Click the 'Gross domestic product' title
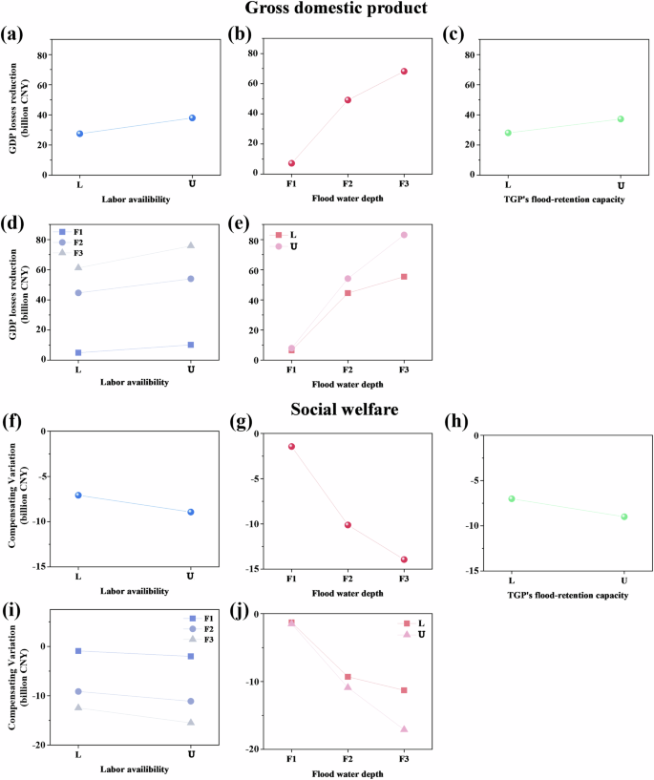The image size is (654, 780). [327, 10]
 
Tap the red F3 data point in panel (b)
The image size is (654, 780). [404, 72]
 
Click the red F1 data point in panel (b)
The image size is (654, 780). [292, 163]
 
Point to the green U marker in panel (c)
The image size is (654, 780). [621, 119]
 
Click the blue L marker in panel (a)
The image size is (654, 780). [79, 134]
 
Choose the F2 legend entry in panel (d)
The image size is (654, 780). [74, 243]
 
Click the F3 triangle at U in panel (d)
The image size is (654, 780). [192, 245]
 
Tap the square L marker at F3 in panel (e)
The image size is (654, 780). [404, 277]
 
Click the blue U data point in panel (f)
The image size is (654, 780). [192, 512]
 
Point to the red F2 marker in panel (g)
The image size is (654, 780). [348, 525]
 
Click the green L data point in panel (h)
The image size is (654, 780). [512, 498]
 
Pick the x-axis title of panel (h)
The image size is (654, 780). [567, 596]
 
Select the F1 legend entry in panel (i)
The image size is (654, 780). [197, 619]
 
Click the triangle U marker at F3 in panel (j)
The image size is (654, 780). [404, 729]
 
